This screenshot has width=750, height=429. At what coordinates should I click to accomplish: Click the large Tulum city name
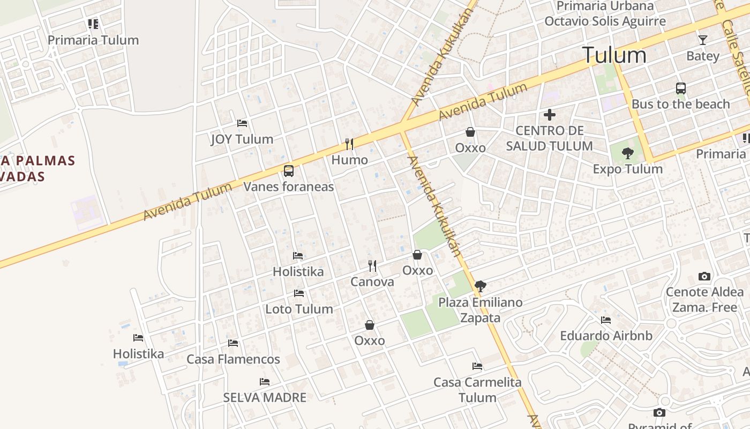point(614,55)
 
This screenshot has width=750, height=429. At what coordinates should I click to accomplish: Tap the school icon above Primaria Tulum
point(93,24)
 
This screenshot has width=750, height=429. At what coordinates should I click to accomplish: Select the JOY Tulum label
point(242,139)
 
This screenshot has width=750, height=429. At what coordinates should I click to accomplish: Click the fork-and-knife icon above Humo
point(349,144)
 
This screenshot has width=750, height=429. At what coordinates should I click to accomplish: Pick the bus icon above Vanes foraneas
point(289,171)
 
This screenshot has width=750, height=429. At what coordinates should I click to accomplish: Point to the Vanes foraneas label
point(289,187)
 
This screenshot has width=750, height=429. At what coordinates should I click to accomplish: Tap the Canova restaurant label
point(372,282)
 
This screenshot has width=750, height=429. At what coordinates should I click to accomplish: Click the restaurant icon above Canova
point(372,265)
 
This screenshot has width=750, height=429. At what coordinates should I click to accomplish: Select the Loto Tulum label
point(299,309)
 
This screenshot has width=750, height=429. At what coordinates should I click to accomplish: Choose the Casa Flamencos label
point(233,359)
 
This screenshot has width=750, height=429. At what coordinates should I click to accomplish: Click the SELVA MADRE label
point(265,397)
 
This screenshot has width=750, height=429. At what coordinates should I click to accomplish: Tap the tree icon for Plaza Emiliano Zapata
point(481,286)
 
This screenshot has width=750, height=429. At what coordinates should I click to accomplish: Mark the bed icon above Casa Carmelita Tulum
point(477,366)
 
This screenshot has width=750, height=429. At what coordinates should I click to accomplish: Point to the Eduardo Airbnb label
point(606,336)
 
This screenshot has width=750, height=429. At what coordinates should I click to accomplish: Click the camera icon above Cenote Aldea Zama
point(704,277)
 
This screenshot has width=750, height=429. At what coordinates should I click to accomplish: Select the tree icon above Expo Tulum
point(627,153)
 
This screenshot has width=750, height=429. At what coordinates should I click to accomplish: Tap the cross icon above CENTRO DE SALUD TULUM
point(550,114)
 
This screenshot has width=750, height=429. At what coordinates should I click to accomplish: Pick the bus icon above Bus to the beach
point(681,88)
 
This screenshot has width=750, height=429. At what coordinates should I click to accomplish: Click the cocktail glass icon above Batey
point(703,40)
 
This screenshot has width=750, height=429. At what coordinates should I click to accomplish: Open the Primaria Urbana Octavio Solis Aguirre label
point(605,14)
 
